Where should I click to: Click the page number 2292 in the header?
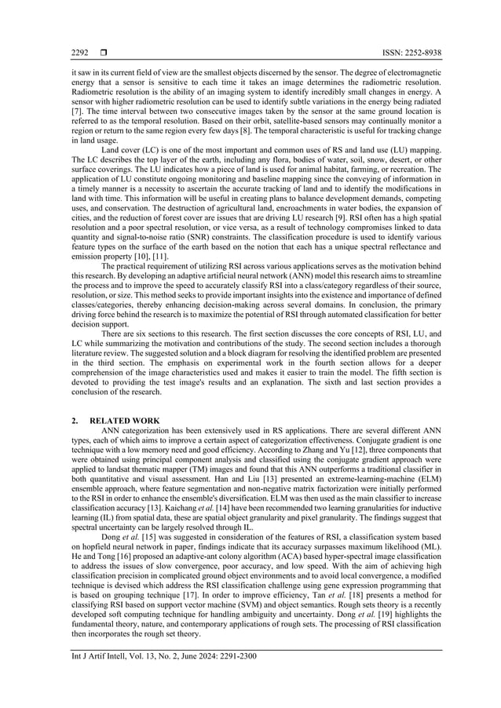click(79, 53)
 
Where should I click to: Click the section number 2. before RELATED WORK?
click(75, 421)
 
